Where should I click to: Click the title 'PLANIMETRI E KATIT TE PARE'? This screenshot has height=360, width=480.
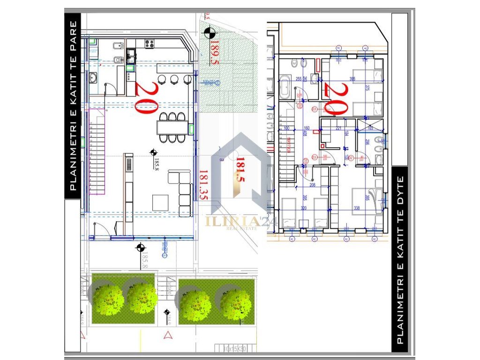tap(73, 105)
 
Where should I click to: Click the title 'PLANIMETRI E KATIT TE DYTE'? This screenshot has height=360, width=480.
tap(400, 261)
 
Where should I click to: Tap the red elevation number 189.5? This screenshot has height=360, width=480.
tap(215, 52)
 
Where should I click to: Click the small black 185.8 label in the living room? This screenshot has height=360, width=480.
tap(157, 165)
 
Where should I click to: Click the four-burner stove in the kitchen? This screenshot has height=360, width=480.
tap(150, 44)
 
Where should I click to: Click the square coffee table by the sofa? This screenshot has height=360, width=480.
tap(161, 202)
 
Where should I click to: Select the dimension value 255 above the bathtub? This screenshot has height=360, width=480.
tap(299, 79)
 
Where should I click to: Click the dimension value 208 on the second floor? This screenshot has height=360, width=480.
tap(313, 186)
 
